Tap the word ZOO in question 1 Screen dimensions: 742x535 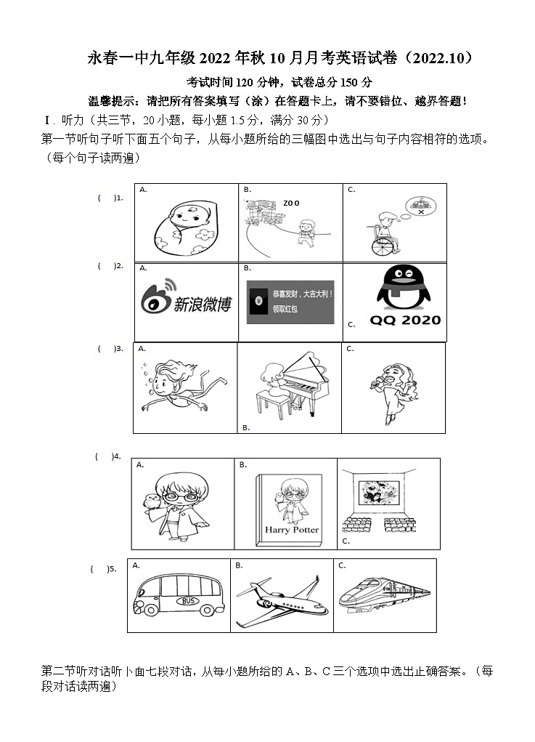click(291, 203)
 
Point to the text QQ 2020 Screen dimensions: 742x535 click(405, 320)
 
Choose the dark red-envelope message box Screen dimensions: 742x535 click(290, 302)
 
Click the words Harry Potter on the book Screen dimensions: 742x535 click(291, 530)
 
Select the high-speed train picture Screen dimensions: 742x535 click(384, 596)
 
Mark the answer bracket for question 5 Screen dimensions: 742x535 click(99, 569)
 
